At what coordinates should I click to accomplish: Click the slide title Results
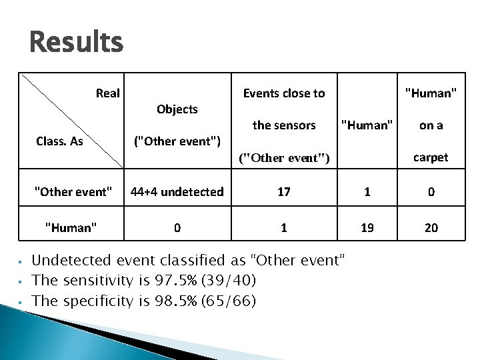point(76,43)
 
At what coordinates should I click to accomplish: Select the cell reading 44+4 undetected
point(177,192)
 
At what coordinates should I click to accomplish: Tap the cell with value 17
point(284,192)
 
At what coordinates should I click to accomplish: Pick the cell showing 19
point(367,228)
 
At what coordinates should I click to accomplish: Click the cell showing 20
point(431,228)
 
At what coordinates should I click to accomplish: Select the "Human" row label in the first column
point(71,228)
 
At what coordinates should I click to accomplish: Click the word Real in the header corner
point(107,93)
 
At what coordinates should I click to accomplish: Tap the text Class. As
point(59,141)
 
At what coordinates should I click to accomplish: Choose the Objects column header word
point(177,109)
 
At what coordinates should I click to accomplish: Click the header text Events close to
point(284,93)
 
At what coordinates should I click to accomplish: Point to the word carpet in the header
point(431,157)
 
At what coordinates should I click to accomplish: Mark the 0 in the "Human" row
point(177,228)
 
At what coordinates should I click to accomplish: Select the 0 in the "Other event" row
point(431,192)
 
